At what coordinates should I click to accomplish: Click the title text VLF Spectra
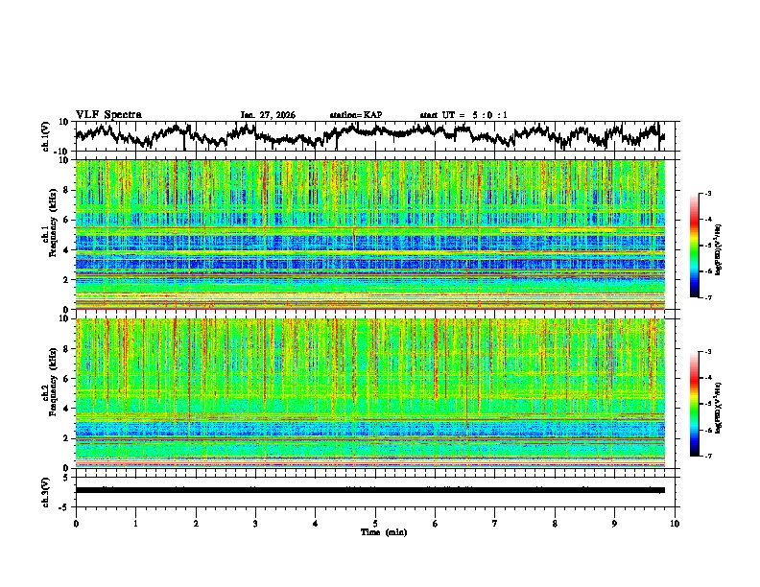click(108, 114)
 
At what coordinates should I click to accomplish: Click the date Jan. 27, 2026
click(268, 115)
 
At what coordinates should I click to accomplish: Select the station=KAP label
click(356, 115)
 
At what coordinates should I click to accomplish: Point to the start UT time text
click(463, 115)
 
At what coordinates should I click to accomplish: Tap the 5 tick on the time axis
click(375, 523)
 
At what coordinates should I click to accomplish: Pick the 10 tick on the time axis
click(675, 523)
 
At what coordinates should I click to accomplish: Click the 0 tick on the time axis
click(76, 523)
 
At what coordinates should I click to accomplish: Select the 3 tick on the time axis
click(255, 523)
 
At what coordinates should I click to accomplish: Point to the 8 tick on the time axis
click(555, 523)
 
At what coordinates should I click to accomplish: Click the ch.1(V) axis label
click(46, 136)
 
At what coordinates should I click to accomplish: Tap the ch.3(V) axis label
click(46, 490)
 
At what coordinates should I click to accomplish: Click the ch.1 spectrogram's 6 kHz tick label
click(64, 220)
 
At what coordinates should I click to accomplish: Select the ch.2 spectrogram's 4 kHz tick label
click(64, 409)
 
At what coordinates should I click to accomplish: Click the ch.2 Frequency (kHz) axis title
click(53, 393)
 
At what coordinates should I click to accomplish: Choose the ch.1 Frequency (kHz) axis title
click(53, 235)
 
